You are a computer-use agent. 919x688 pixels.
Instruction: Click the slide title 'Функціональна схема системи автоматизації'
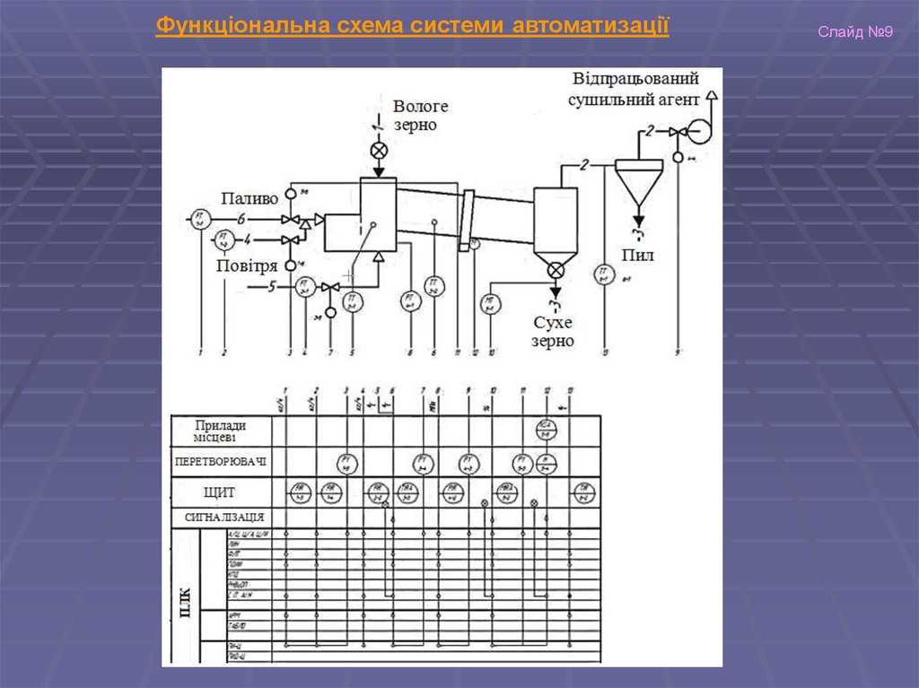click(412, 26)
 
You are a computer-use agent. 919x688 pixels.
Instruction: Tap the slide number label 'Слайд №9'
click(854, 33)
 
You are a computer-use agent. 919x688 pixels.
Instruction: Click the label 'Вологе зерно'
click(419, 116)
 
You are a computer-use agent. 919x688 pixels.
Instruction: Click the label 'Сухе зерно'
click(553, 332)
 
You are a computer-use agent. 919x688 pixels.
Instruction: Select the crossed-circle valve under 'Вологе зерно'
click(379, 150)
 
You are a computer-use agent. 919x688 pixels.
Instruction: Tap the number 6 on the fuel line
click(241, 218)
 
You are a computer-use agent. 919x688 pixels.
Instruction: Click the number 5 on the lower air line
click(273, 287)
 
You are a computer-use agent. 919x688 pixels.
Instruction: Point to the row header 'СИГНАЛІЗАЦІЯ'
click(223, 518)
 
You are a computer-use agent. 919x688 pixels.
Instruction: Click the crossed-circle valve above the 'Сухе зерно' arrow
click(556, 268)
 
